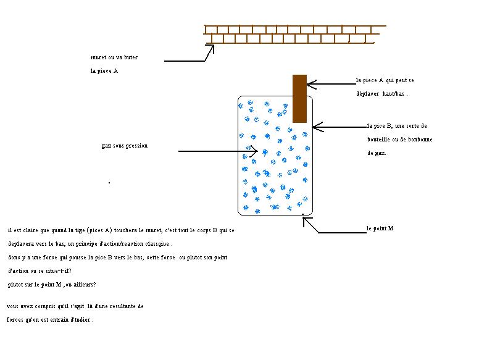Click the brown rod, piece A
click(299, 98)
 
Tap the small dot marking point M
click(302, 215)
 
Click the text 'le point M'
click(380, 228)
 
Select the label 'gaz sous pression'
click(124, 146)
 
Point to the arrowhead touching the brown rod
click(310, 83)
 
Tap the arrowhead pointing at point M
click(305, 222)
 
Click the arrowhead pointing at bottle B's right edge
click(316, 127)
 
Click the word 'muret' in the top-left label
click(99, 57)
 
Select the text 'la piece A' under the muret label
click(104, 71)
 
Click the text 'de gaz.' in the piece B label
click(377, 153)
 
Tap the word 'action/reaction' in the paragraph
click(115, 243)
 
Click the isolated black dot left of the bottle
click(109, 183)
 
